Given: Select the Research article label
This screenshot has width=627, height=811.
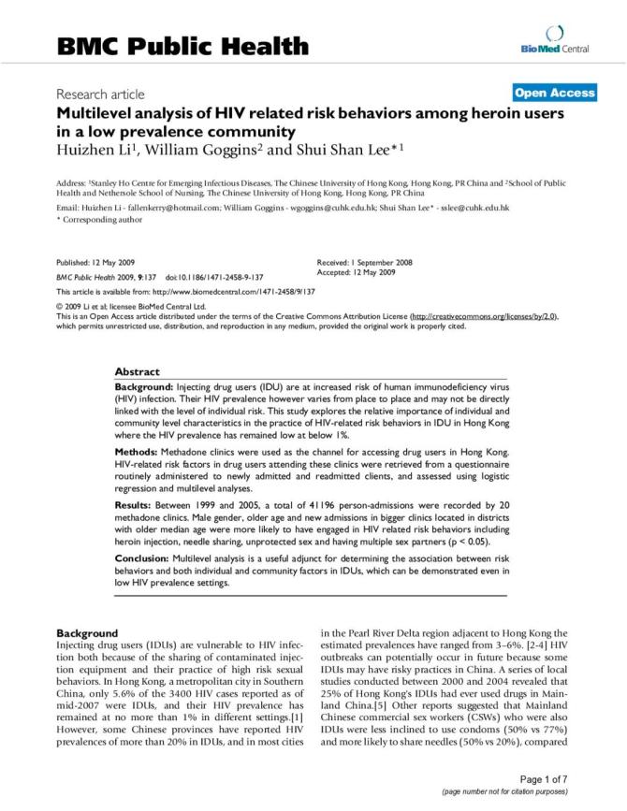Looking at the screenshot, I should [x=100, y=94].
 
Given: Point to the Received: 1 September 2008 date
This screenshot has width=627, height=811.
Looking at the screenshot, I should [x=365, y=263].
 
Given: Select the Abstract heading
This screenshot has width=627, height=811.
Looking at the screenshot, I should [x=138, y=371].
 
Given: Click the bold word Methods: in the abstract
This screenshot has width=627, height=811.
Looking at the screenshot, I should [x=139, y=452].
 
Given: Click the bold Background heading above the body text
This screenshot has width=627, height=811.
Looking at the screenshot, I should [x=87, y=632].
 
